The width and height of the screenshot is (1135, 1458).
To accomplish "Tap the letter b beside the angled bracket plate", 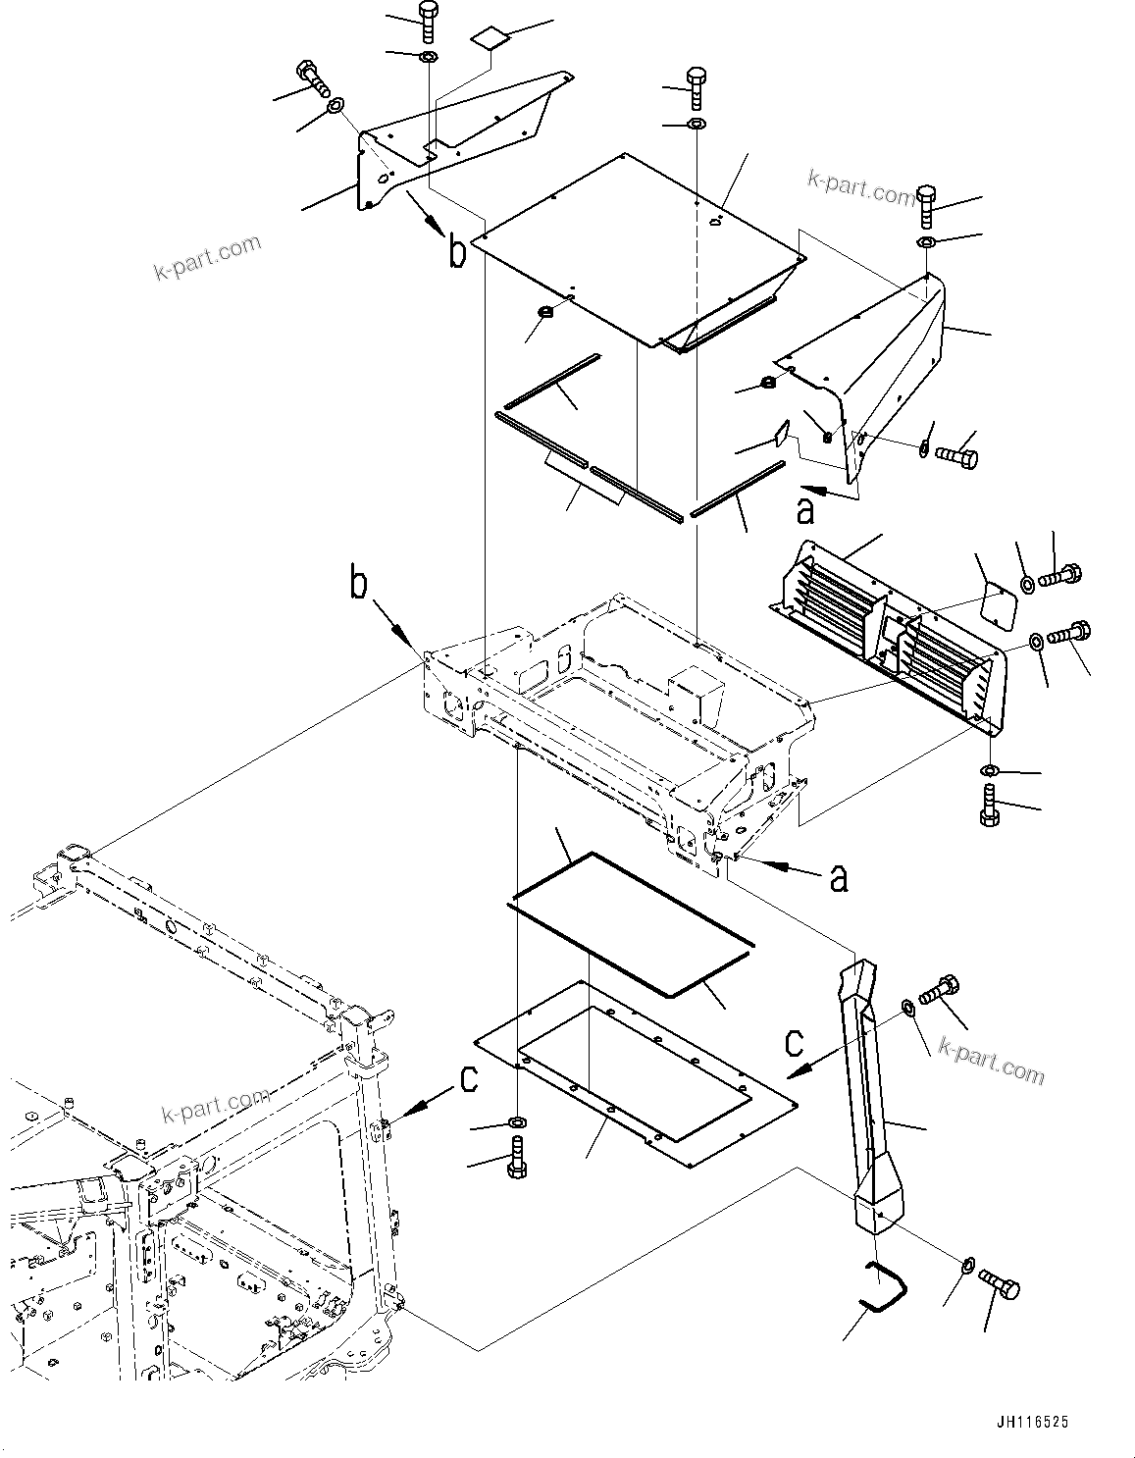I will tap(457, 251).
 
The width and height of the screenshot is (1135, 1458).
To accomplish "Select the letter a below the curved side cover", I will tap(805, 509).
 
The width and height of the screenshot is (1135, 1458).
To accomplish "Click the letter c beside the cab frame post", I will tap(469, 1079).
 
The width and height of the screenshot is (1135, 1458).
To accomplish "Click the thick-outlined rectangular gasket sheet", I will tap(628, 924).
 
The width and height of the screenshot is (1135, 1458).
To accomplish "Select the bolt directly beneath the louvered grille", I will tap(990, 807).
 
